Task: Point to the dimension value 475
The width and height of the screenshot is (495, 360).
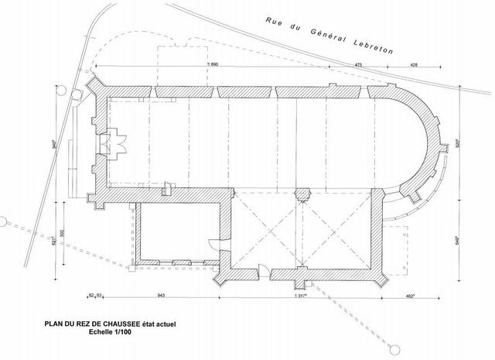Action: [x=358, y=64]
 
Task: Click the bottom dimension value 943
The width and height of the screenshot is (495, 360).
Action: [x=162, y=295]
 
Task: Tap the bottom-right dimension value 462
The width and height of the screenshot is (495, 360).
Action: [x=411, y=295]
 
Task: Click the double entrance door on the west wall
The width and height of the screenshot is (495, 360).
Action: [x=119, y=140]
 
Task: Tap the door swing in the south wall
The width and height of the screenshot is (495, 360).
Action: [x=263, y=270]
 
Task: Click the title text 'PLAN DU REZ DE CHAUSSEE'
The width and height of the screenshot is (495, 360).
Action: [x=78, y=325]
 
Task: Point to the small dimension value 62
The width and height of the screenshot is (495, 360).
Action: [x=91, y=295]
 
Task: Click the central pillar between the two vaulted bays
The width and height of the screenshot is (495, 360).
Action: [x=302, y=190]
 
